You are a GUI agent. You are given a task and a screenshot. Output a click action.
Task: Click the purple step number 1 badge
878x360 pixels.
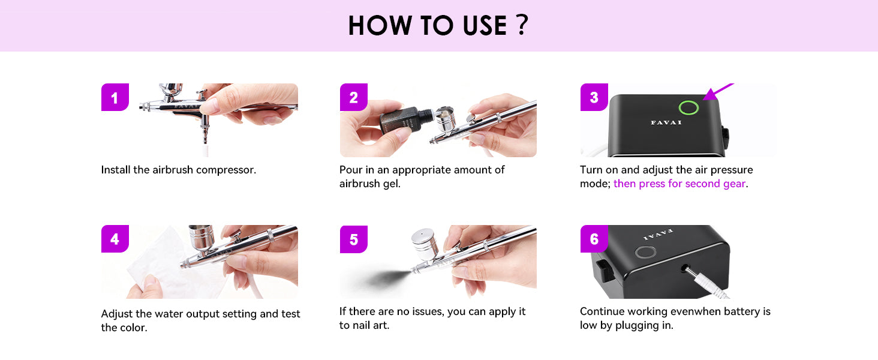[x=115, y=97]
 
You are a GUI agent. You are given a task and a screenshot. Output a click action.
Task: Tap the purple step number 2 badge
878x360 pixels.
[x=354, y=97]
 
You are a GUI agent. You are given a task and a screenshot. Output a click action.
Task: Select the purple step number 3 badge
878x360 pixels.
[x=594, y=97]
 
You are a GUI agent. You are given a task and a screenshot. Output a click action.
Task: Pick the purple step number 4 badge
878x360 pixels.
[x=115, y=239]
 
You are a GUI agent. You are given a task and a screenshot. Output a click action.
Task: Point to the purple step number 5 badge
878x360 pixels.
[x=354, y=239]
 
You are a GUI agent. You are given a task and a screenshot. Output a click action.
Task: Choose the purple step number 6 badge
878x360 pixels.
[x=594, y=239]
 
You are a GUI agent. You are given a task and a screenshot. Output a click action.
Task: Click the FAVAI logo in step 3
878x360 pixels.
[x=666, y=122]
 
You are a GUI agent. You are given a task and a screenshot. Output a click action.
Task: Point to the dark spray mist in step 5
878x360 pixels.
[x=380, y=278]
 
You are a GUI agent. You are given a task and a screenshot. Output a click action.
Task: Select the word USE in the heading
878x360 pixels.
[x=485, y=26]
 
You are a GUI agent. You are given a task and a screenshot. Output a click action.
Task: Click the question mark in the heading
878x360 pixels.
[x=522, y=25]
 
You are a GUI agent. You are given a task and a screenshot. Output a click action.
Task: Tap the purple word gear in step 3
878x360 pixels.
[x=734, y=184]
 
